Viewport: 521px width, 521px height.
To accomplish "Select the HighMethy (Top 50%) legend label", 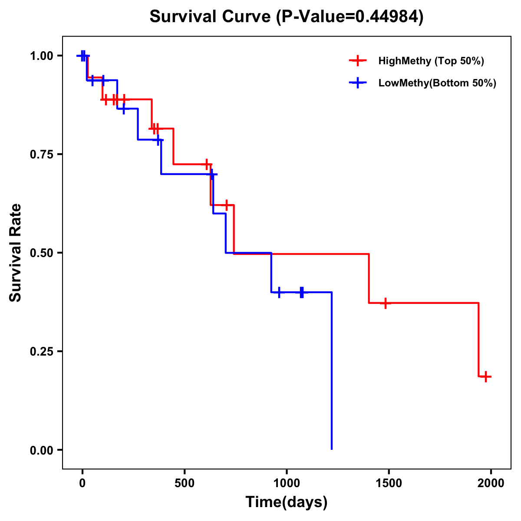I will pos(431,61).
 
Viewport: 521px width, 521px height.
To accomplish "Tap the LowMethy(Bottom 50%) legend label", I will pos(437,83).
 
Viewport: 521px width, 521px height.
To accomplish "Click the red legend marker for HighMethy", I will pos(358,61).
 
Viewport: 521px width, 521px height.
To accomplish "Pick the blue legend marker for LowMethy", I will pos(358,83).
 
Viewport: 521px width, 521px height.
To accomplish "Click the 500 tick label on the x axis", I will pos(185,483).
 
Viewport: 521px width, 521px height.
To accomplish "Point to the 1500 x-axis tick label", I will pos(389,483).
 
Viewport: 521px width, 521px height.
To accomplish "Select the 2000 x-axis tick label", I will pos(491,483).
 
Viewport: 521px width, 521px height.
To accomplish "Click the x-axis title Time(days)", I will pos(287,502).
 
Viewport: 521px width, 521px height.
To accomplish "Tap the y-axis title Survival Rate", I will pos(16,253).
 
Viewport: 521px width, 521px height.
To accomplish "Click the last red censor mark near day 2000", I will pos(486,376).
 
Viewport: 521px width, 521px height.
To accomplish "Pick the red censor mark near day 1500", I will pos(385,303).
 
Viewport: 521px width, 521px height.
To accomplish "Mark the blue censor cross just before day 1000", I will pos(279,292).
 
